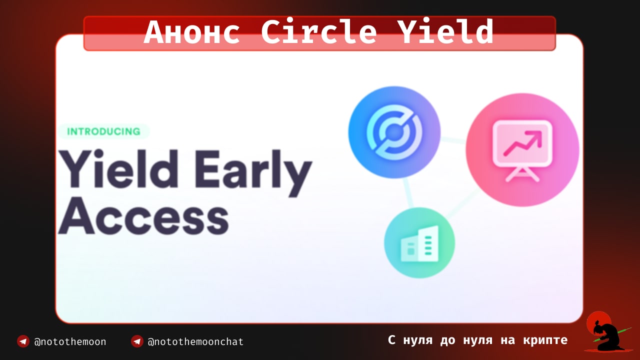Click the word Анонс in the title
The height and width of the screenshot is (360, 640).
(192, 31)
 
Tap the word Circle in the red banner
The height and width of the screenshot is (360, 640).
(318, 31)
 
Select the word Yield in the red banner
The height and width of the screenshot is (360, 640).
(445, 31)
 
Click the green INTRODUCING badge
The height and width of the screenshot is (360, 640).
(103, 131)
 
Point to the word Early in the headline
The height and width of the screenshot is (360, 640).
(253, 172)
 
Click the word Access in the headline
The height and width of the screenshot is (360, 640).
(143, 216)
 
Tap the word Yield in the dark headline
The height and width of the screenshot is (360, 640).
(118, 168)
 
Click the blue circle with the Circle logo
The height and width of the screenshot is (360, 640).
(394, 132)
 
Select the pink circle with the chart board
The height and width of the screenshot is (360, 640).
(522, 149)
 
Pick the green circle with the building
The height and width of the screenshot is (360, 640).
(419, 243)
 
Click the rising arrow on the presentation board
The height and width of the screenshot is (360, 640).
(522, 143)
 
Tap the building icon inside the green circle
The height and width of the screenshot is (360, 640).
(419, 243)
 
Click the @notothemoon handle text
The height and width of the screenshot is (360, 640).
(70, 341)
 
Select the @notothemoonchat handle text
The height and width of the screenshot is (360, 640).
(195, 341)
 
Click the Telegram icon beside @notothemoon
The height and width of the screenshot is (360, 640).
(23, 341)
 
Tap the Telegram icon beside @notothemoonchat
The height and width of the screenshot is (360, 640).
(137, 341)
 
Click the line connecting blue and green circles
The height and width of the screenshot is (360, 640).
(408, 193)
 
